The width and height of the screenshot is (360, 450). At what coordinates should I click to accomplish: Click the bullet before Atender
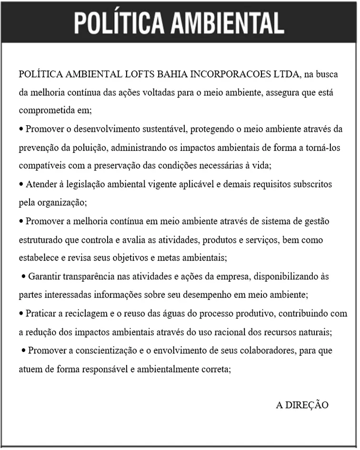click(21, 184)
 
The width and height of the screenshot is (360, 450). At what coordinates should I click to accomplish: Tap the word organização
click(61, 202)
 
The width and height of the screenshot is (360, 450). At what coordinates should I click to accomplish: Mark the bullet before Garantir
click(24, 277)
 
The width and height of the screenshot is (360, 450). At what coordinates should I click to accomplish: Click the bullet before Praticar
click(21, 314)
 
